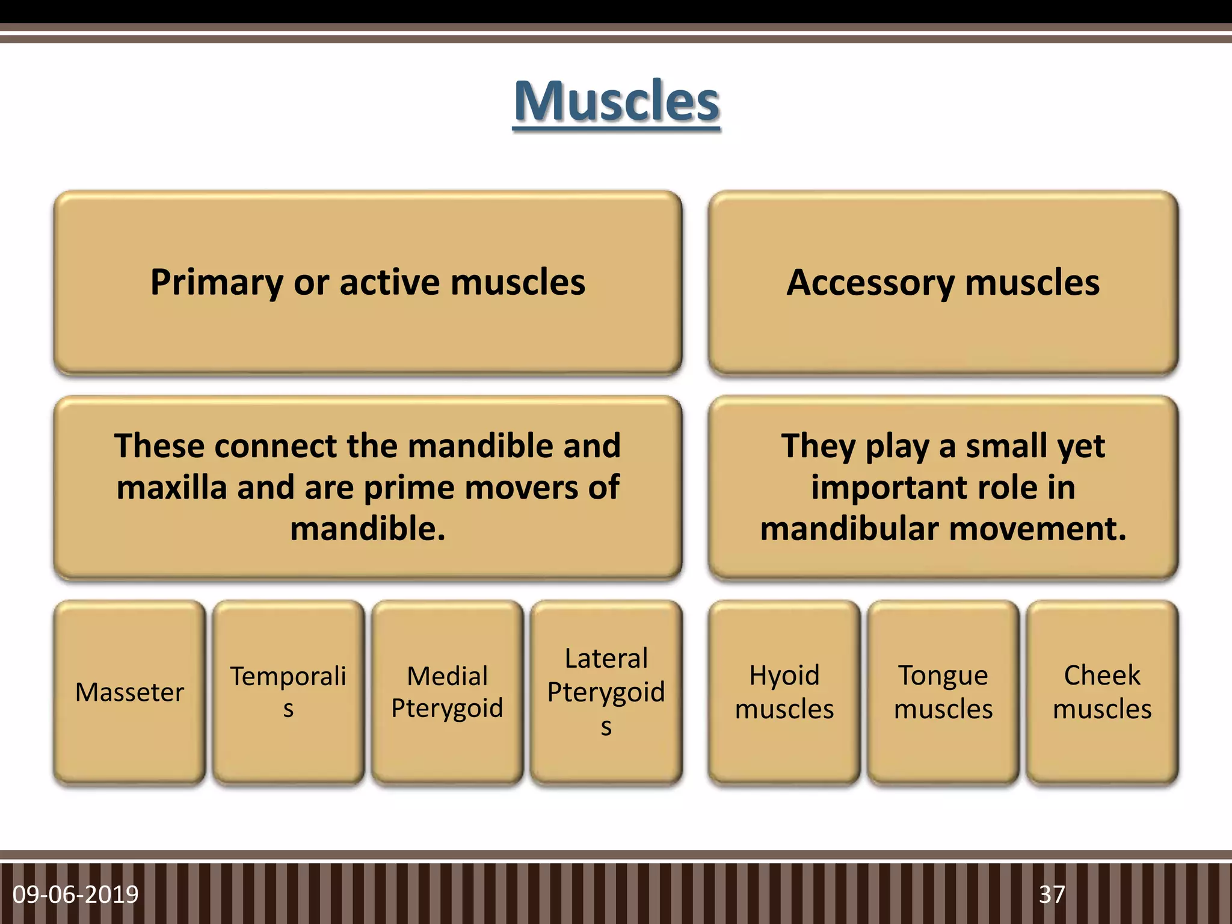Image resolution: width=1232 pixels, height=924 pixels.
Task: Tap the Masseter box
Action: pos(129,692)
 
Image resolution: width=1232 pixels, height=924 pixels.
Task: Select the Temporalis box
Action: pos(288,692)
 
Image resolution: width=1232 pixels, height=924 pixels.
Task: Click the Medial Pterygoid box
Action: pos(447,692)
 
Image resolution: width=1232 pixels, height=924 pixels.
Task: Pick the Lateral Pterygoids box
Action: pos(606,692)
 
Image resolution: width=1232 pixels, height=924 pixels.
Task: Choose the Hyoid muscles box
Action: pos(784,692)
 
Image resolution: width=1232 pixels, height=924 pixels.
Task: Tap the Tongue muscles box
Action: pos(943,692)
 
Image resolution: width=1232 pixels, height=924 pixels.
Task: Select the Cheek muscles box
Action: pos(1101,692)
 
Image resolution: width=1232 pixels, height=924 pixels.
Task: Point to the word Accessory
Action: pos(870,283)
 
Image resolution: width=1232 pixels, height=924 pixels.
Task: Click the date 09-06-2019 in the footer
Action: pos(76,895)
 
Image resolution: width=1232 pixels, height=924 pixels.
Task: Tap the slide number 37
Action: pos(1052,895)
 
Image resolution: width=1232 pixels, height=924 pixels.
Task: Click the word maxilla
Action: pos(171,487)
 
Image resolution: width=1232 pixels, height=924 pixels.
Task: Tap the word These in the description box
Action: pos(159,446)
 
